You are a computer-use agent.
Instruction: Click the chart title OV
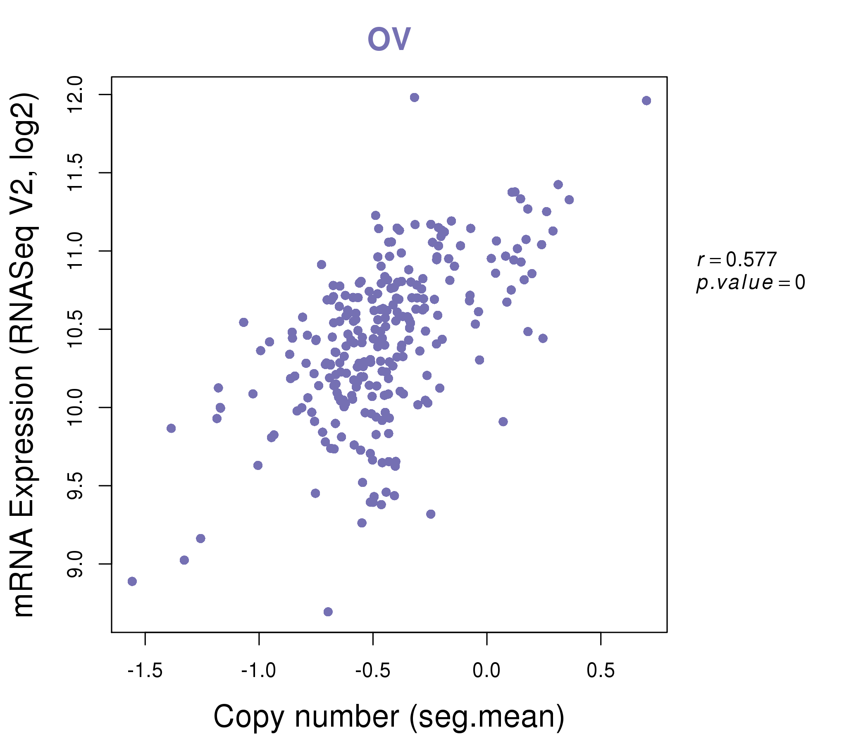[389, 38]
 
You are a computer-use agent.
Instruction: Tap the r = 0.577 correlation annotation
[737, 260]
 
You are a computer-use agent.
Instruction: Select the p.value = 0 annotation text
[750, 283]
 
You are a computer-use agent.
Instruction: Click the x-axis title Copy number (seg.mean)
[389, 717]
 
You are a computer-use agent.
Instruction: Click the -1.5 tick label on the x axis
[145, 671]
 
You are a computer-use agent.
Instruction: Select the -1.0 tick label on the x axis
[258, 671]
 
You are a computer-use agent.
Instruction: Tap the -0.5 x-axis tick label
[373, 671]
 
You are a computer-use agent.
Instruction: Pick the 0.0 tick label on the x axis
[486, 671]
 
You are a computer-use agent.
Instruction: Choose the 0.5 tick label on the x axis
[600, 671]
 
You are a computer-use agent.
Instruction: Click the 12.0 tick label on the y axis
[75, 95]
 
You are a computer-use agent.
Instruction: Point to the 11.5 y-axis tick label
[75, 173]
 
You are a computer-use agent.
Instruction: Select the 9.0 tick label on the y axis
[75, 564]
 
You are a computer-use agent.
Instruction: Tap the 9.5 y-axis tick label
[75, 486]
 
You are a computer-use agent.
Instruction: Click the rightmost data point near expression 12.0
[646, 100]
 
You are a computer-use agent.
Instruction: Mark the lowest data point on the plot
[328, 612]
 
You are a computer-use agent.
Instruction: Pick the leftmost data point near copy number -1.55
[132, 581]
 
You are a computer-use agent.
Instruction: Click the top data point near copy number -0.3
[414, 98]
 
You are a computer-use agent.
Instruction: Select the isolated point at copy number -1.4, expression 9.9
[171, 428]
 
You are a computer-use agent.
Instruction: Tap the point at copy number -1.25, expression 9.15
[200, 538]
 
